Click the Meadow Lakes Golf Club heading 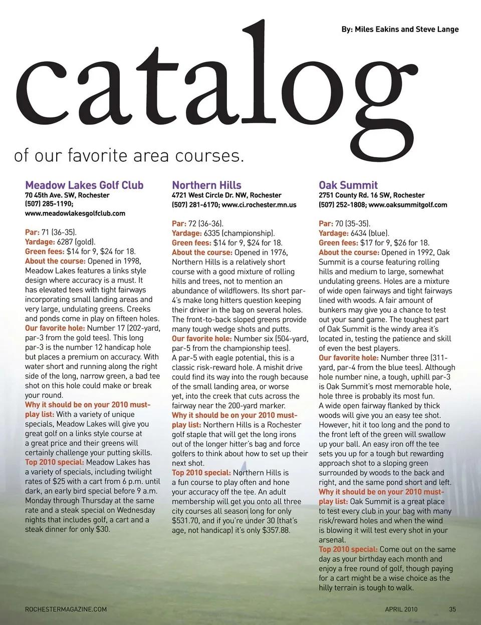tap(84, 185)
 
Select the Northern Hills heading tap(206, 185)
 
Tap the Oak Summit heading tap(348, 185)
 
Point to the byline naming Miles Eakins tap(400, 29)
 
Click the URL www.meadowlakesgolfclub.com tap(75, 214)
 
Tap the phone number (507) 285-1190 tap(49, 204)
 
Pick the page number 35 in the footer tap(452, 609)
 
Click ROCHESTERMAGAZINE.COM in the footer tap(66, 609)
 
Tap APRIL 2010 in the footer tap(401, 609)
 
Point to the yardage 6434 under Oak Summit tap(359, 234)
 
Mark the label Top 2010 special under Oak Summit tap(348, 549)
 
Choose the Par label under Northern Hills tap(179, 224)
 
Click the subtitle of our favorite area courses tap(129, 155)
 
